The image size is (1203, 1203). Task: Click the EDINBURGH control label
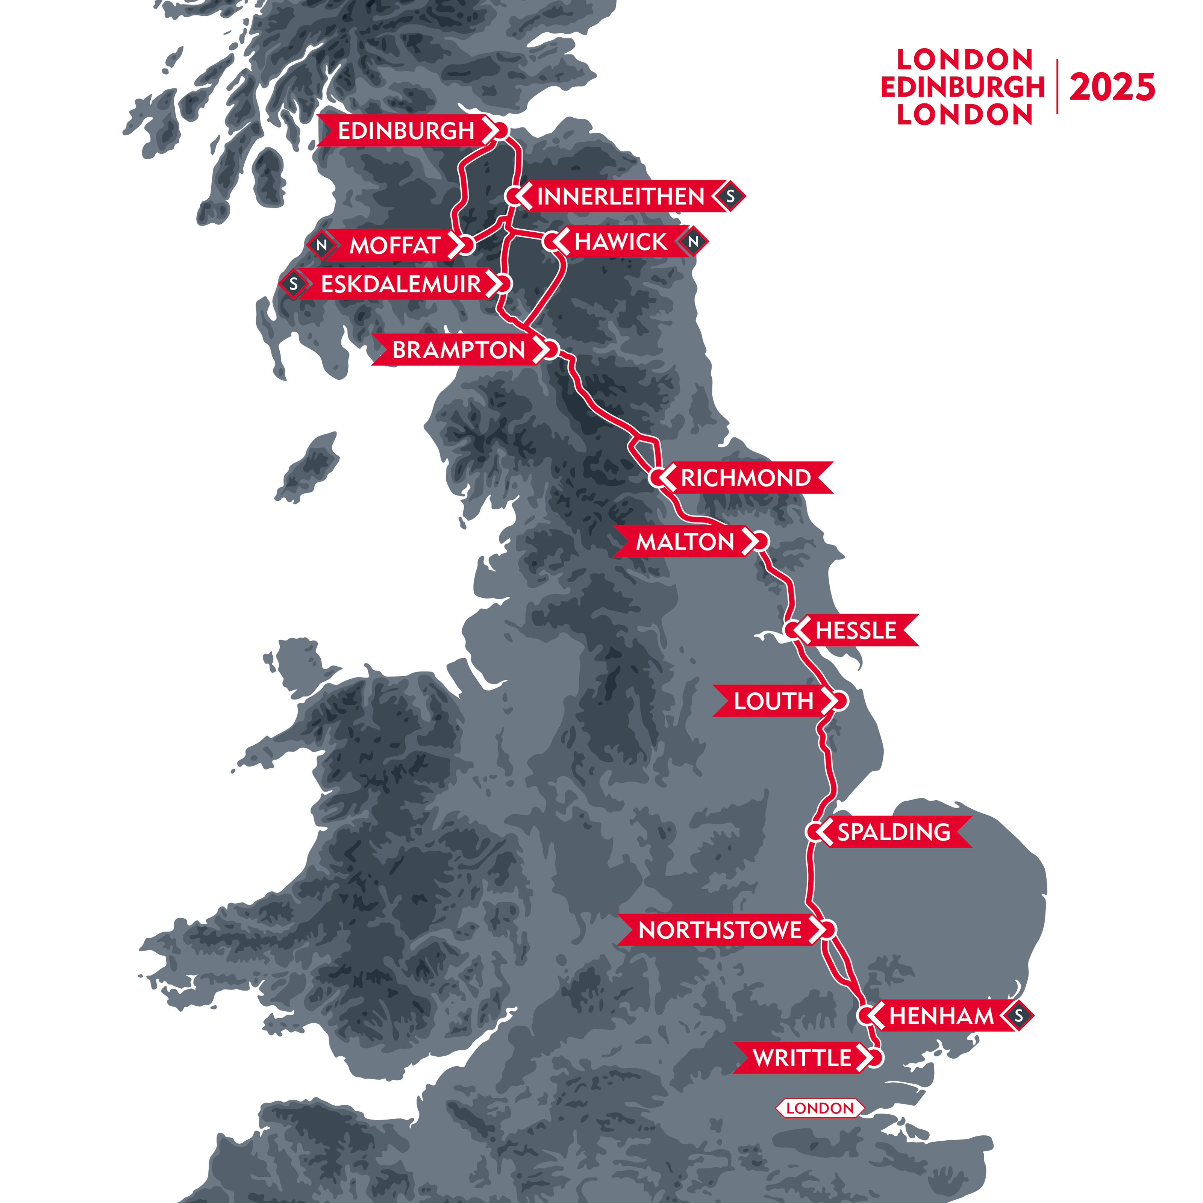tap(406, 131)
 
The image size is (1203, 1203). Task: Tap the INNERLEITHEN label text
tap(621, 197)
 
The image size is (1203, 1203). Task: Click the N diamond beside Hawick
tap(693, 242)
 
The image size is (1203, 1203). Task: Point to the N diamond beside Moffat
tap(321, 245)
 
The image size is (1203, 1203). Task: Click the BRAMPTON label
tap(458, 350)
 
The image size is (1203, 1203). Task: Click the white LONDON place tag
tap(820, 1108)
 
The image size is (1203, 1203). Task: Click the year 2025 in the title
tap(1112, 87)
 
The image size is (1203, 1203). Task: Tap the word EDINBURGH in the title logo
tap(963, 87)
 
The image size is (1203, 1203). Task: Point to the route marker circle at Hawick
tap(552, 242)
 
